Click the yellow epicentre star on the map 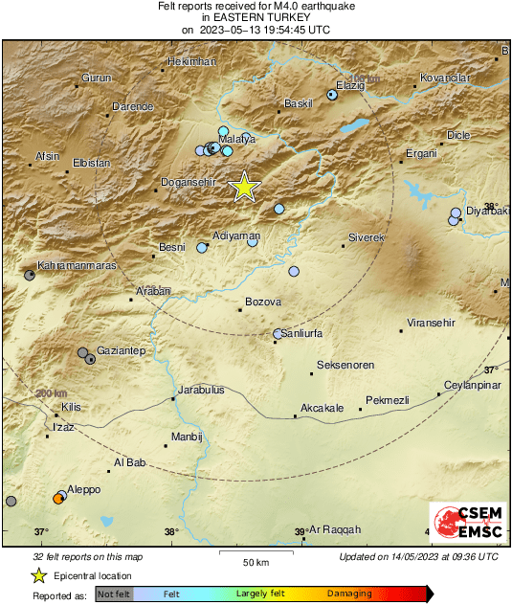245,187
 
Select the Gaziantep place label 121,351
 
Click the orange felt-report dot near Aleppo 58,498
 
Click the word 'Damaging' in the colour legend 349,594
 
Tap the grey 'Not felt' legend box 114,594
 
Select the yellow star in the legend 39,575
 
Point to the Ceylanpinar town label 472,386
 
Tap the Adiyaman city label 236,235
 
